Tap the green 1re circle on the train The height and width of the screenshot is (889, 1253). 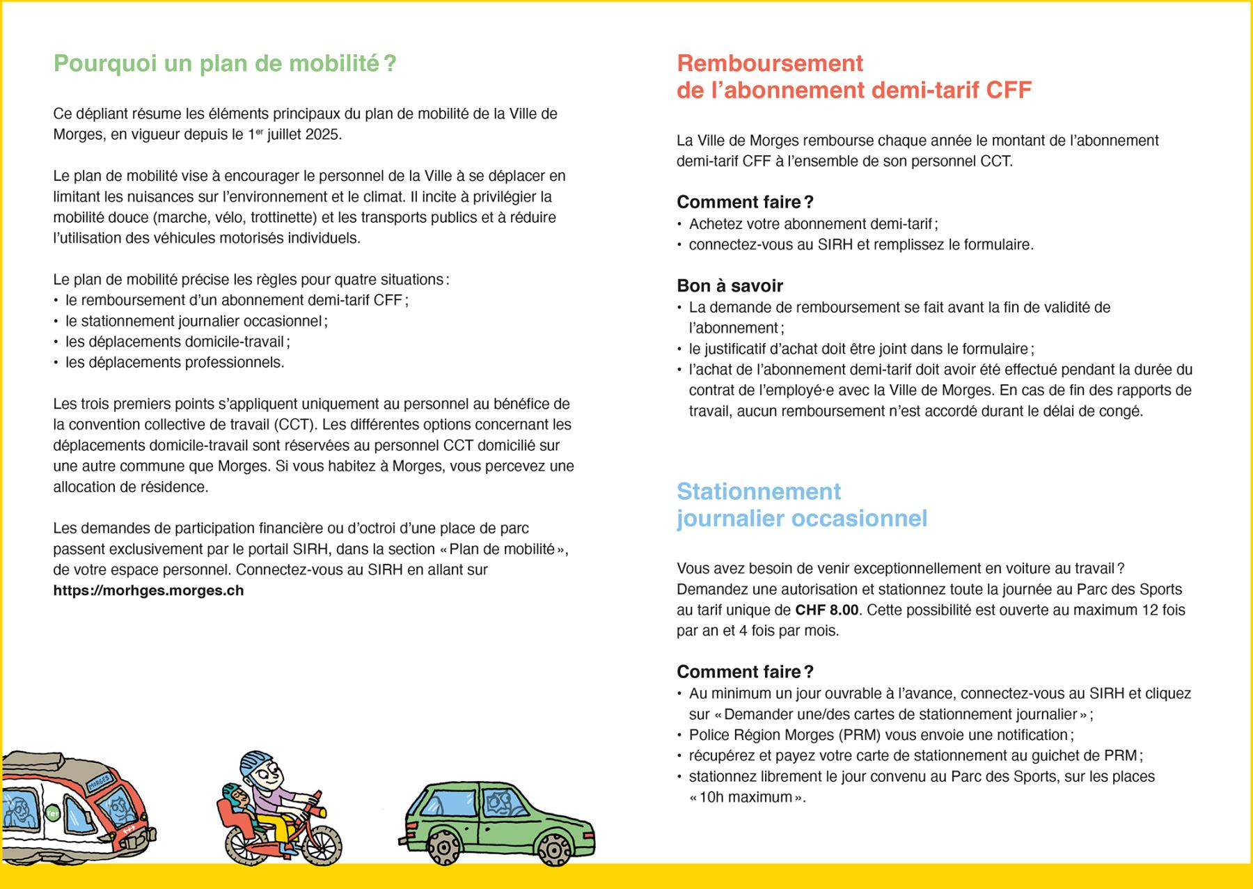[x=51, y=811]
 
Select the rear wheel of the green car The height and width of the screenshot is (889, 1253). [x=439, y=844]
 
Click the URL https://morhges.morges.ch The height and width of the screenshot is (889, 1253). [x=148, y=590]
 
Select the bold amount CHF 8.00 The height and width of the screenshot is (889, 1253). [x=827, y=611]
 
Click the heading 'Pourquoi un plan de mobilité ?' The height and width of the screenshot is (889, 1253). [x=225, y=63]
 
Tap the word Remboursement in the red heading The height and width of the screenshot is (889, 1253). [x=770, y=63]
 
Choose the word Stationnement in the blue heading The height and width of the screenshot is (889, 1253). [x=759, y=491]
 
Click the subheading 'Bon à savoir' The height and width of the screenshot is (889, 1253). [x=730, y=285]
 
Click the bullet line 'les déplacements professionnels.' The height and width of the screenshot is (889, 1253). [x=175, y=363]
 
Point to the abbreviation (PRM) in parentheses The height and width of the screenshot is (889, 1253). [x=860, y=735]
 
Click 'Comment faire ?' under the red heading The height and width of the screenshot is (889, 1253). [x=745, y=202]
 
